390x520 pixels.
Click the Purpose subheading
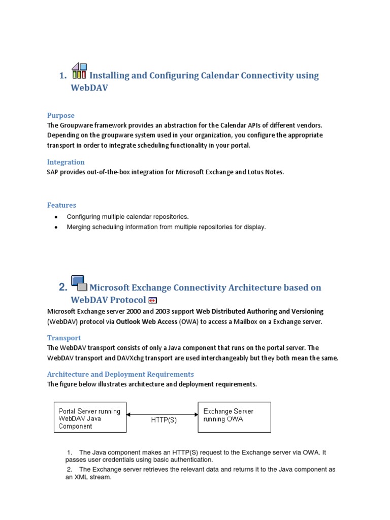click(60, 115)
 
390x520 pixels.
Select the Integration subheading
click(66, 162)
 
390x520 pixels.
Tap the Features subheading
click(61, 205)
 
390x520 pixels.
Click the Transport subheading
click(64, 338)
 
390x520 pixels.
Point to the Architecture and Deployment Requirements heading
click(120, 374)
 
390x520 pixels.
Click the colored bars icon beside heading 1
click(79, 71)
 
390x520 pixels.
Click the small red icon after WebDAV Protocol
click(152, 300)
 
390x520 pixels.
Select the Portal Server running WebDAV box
click(90, 417)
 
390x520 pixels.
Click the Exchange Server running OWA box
click(234, 417)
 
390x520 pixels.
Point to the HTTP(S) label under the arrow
click(164, 420)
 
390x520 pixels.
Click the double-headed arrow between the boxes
click(162, 414)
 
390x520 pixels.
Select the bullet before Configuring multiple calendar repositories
click(56, 217)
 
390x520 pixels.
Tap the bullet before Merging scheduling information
click(56, 227)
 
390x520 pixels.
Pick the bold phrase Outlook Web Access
click(146, 321)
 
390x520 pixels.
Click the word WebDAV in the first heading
click(89, 88)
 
